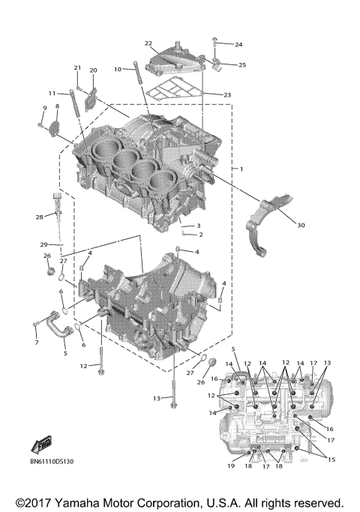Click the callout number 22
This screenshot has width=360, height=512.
148,43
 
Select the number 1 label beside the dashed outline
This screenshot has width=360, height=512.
241,170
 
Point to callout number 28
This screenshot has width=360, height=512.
40,217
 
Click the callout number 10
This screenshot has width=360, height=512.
118,69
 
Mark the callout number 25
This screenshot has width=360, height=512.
242,65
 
